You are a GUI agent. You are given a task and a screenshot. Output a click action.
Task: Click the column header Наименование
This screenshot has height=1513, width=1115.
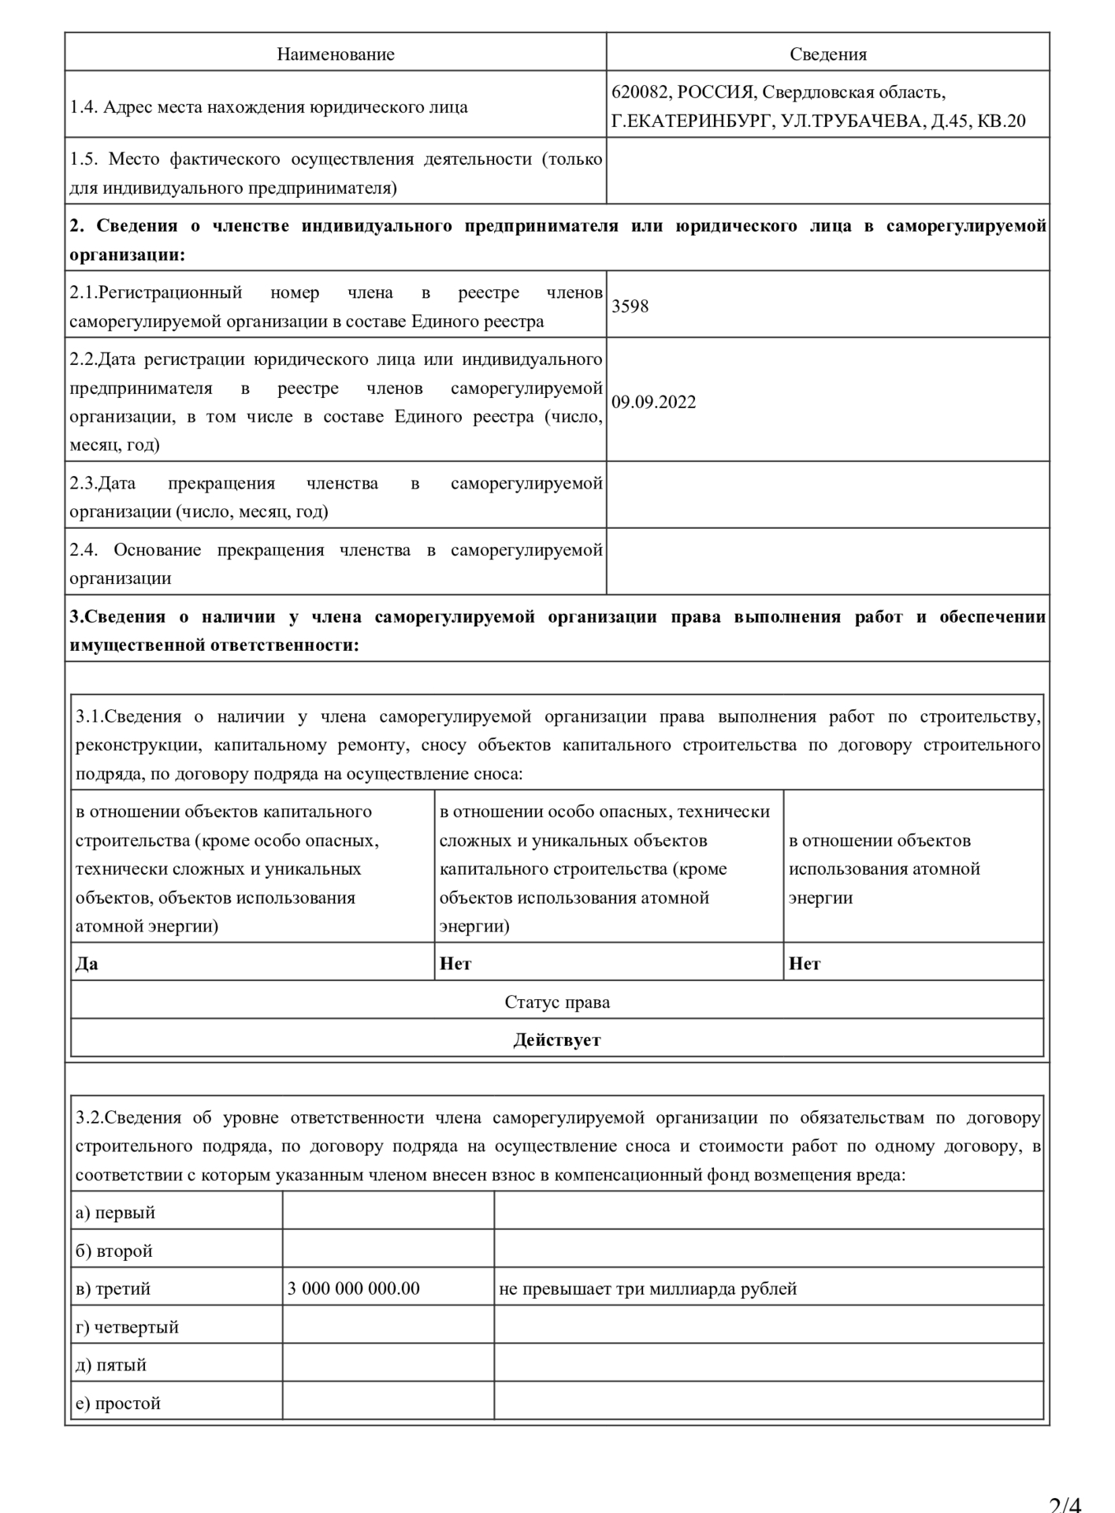(x=336, y=54)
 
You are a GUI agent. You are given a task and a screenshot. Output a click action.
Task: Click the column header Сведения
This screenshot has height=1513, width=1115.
(x=828, y=54)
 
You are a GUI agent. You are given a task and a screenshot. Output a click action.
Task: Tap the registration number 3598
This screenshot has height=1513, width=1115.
(x=630, y=307)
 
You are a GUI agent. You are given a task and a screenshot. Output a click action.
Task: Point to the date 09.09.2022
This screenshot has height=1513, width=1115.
(x=654, y=403)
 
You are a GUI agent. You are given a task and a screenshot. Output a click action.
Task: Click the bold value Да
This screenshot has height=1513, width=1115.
(x=87, y=964)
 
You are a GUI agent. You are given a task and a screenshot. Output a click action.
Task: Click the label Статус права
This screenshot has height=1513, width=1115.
(x=557, y=1002)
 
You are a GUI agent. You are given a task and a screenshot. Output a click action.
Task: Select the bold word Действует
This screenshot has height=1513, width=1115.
(x=557, y=1040)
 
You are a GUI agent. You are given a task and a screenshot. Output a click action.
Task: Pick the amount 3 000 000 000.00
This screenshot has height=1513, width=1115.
(x=354, y=1289)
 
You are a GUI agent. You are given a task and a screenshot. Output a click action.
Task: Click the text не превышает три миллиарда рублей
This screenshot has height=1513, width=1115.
(x=648, y=1289)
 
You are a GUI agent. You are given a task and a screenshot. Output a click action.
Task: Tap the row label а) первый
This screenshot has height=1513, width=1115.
(x=115, y=1213)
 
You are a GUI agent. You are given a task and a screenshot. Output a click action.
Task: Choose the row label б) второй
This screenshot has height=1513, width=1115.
(x=114, y=1251)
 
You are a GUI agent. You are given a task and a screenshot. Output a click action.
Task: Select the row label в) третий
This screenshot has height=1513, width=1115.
(x=113, y=1289)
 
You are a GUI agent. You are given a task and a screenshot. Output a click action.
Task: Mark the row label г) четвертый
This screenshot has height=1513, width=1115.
(x=127, y=1328)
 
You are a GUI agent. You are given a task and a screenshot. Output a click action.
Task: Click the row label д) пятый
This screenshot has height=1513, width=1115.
(x=111, y=1366)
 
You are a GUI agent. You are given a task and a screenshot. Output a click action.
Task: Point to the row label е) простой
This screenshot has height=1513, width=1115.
(x=118, y=1404)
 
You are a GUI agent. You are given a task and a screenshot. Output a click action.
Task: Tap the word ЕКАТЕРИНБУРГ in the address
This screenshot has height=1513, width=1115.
(x=697, y=121)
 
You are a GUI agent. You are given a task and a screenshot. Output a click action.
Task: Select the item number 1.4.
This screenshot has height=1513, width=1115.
(x=83, y=107)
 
